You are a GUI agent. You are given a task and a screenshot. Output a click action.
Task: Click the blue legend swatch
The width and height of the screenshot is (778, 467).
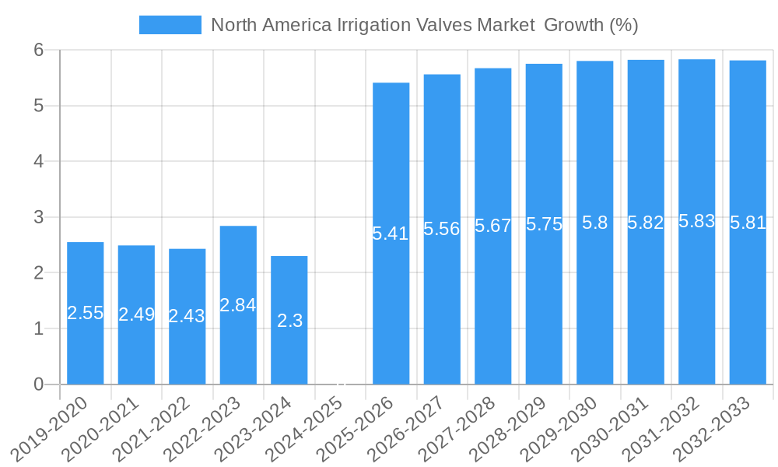(x=170, y=25)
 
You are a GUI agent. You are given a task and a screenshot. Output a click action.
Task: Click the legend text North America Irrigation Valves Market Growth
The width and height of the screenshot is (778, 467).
(x=425, y=25)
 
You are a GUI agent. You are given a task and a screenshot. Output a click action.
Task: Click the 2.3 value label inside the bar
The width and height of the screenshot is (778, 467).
(x=289, y=321)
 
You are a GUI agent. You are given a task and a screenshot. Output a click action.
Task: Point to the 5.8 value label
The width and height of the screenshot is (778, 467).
(x=595, y=223)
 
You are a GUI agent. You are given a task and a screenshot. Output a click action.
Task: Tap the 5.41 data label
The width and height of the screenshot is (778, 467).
(x=391, y=233)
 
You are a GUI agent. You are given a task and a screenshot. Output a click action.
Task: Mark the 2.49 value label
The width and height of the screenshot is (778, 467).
(x=136, y=314)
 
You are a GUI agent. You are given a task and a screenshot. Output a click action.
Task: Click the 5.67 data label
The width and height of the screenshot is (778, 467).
(x=492, y=226)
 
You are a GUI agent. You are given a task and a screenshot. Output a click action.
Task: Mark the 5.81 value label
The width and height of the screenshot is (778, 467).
(x=748, y=223)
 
